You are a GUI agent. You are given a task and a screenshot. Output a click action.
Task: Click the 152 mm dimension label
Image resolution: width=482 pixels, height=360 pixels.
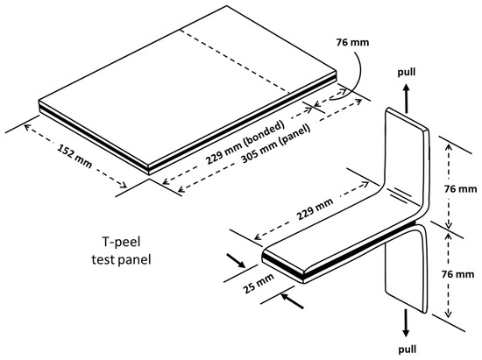click(x=74, y=157)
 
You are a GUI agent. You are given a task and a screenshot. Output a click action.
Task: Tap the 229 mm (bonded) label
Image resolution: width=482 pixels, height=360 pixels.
click(x=245, y=143)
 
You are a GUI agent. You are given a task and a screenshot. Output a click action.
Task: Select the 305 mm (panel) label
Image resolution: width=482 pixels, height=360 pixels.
click(x=276, y=145)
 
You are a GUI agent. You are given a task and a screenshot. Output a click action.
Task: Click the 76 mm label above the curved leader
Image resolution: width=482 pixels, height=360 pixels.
click(x=352, y=42)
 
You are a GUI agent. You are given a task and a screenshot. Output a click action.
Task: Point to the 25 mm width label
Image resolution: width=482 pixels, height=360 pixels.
click(x=259, y=283)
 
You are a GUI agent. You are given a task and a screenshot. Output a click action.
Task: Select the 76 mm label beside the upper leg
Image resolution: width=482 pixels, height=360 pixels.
click(x=460, y=188)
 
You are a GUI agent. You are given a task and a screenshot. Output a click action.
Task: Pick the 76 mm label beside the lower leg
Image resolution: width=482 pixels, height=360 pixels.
click(x=457, y=273)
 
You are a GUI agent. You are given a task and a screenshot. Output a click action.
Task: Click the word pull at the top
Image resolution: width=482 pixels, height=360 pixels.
click(x=407, y=72)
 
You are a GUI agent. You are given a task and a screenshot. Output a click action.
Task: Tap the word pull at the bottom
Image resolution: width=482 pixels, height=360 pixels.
click(x=408, y=349)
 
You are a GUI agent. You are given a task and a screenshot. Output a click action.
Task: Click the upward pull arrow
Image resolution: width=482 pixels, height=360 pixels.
click(x=407, y=98)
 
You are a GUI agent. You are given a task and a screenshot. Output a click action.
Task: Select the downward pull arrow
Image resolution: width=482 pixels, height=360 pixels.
click(x=407, y=323)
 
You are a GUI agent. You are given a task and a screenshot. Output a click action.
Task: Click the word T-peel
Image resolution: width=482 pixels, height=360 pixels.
click(x=121, y=242)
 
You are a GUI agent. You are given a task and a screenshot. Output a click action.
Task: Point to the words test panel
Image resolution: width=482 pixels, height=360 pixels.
click(x=121, y=260)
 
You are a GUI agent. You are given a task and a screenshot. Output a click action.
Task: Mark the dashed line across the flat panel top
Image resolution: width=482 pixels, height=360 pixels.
click(x=235, y=60)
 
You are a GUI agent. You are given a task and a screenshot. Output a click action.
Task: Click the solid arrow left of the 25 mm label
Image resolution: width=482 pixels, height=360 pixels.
click(x=236, y=260)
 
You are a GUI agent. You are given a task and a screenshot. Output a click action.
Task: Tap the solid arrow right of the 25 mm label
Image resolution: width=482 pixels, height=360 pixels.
click(x=293, y=300)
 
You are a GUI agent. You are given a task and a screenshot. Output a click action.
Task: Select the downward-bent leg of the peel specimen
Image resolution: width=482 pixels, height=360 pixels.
click(x=406, y=271)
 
